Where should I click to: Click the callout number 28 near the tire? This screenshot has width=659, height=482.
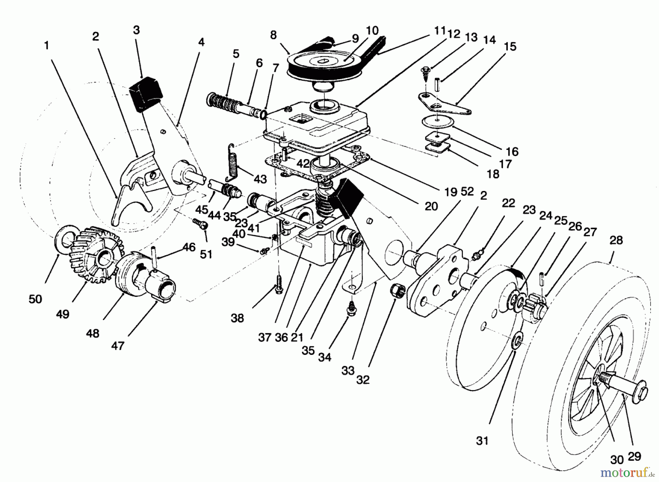coord(616,240)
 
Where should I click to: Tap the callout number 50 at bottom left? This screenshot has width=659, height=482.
coord(36,299)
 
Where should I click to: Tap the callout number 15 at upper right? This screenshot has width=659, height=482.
coord(510,47)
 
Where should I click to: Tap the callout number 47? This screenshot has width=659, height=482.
coord(118,345)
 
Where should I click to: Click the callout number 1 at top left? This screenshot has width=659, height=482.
coord(46,45)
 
